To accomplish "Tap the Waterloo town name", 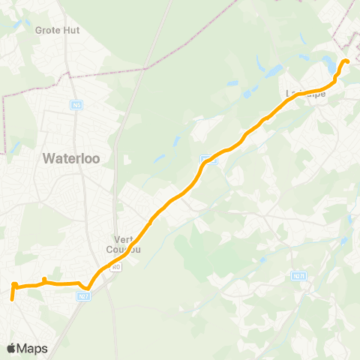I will pos(76,157).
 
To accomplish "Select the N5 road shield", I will pos(77,105).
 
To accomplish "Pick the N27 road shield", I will pos(84,297).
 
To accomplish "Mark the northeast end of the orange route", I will pos(347,61).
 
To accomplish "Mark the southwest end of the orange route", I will pos(12,299).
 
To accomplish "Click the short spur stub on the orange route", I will pos(44,280).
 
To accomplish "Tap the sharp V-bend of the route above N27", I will pos(87,288).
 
